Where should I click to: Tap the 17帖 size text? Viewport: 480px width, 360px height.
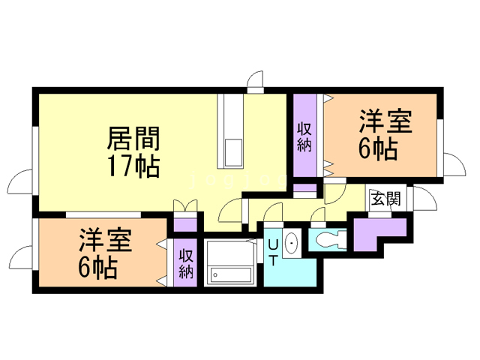tap(133, 166)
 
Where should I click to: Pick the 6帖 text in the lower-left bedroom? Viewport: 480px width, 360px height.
tap(98, 268)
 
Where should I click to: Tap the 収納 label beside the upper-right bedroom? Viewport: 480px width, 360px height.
tap(304, 136)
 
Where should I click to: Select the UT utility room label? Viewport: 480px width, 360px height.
tap(272, 252)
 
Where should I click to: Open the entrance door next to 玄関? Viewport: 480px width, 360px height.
tap(424, 198)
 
